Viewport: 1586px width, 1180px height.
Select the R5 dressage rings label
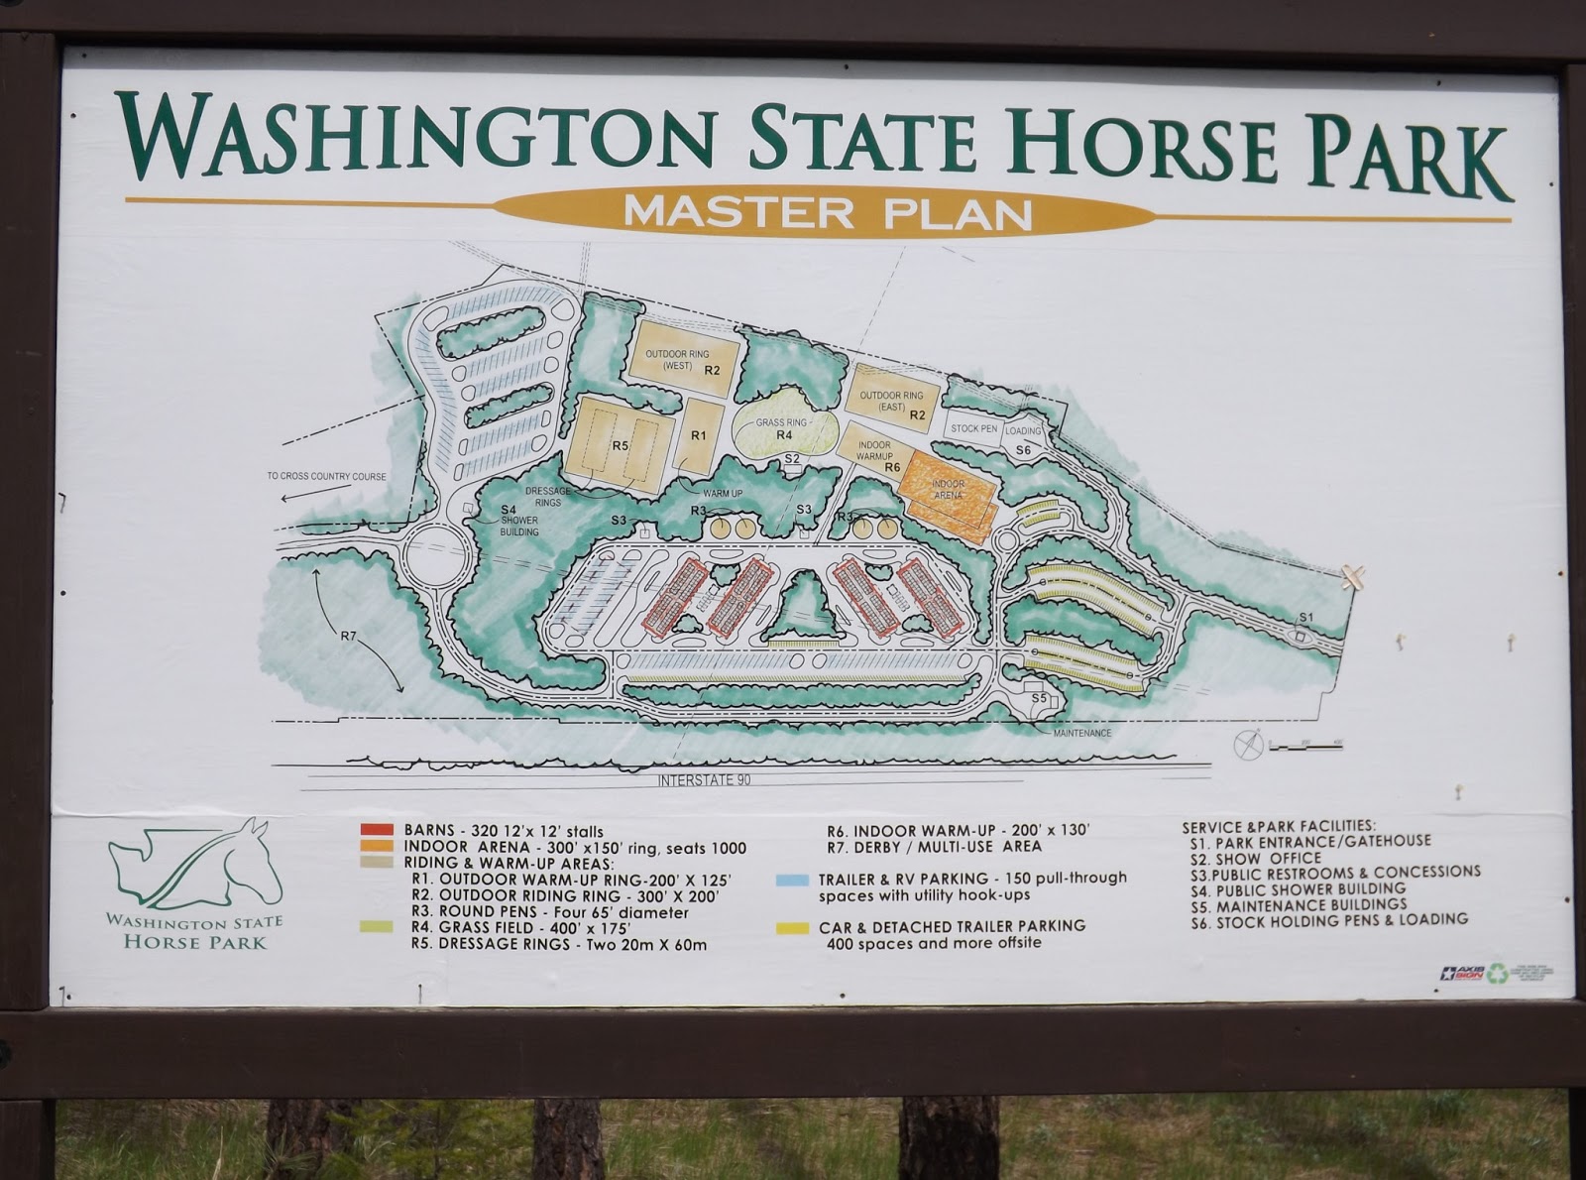tap(621, 445)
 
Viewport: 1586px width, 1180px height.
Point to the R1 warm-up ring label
tap(699, 435)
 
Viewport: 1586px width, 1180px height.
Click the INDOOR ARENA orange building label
tap(948, 489)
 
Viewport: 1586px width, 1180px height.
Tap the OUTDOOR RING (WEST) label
tap(678, 359)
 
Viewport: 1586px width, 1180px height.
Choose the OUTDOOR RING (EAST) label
tap(891, 401)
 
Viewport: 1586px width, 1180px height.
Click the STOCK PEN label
tap(973, 428)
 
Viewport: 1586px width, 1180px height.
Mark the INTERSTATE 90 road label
tap(704, 780)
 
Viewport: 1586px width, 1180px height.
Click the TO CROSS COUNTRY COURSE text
tap(326, 476)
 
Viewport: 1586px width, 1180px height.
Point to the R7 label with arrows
tap(348, 636)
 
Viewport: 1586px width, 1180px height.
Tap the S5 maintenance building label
tap(1039, 698)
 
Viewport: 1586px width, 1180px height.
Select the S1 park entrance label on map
tap(1305, 617)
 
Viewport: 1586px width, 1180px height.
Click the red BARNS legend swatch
tap(378, 829)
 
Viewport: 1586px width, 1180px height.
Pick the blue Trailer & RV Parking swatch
tap(791, 880)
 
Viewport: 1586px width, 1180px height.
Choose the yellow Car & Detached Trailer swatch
tap(791, 927)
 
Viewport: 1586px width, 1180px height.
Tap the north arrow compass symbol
tap(1249, 744)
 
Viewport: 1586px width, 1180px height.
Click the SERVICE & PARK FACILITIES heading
tap(1278, 826)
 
